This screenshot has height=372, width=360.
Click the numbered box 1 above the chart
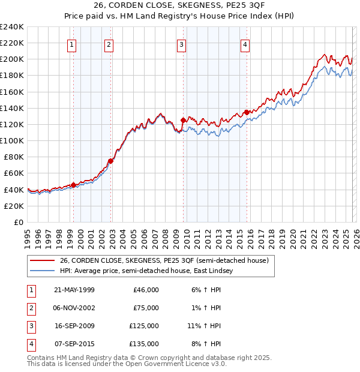(72, 44)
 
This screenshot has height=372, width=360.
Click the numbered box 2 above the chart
(109, 44)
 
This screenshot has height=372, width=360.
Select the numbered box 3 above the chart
(181, 44)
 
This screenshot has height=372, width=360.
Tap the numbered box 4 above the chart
(245, 44)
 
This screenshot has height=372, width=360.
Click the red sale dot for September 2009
(183, 120)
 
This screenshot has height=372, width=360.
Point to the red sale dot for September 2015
(247, 112)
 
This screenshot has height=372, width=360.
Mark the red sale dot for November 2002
(110, 161)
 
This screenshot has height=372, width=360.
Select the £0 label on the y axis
(18, 222)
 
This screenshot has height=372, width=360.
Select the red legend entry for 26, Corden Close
(167, 260)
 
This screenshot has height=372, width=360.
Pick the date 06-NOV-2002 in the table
(74, 308)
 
